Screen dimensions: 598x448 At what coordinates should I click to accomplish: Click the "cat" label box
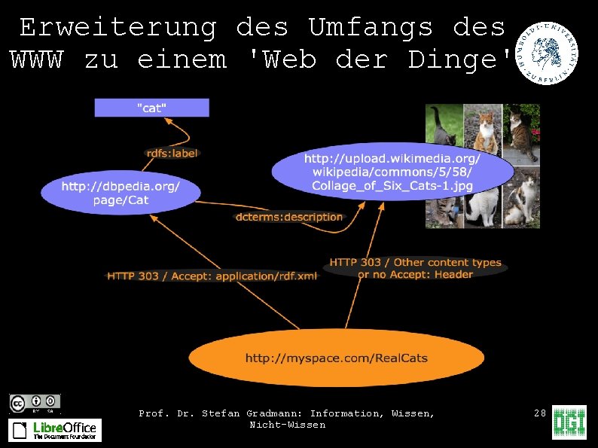(x=151, y=108)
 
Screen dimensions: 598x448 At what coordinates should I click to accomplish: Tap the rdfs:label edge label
(x=172, y=154)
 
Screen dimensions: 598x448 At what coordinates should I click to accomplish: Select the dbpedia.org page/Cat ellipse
(x=121, y=193)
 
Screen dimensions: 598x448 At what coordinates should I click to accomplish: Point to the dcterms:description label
(x=289, y=217)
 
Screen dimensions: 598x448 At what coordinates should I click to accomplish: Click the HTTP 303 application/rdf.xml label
(x=212, y=276)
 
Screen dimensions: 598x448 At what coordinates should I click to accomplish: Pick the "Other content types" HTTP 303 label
(x=415, y=268)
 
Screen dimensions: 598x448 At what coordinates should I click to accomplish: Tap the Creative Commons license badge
(x=35, y=403)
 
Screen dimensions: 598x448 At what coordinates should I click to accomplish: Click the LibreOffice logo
(x=55, y=430)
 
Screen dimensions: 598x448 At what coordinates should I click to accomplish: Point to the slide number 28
(x=539, y=413)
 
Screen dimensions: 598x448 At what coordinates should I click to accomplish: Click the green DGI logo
(x=569, y=422)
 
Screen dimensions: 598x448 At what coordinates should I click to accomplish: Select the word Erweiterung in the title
(x=118, y=28)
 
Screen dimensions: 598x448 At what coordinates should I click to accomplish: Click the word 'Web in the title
(x=283, y=59)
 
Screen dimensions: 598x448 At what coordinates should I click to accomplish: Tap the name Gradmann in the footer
(x=274, y=413)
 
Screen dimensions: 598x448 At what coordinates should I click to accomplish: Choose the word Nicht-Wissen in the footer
(x=288, y=425)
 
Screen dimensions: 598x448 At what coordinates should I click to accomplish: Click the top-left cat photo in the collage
(x=443, y=124)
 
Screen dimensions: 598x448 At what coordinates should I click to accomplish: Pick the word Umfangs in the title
(x=371, y=28)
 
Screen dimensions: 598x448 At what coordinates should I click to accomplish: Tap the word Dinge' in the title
(x=460, y=59)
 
